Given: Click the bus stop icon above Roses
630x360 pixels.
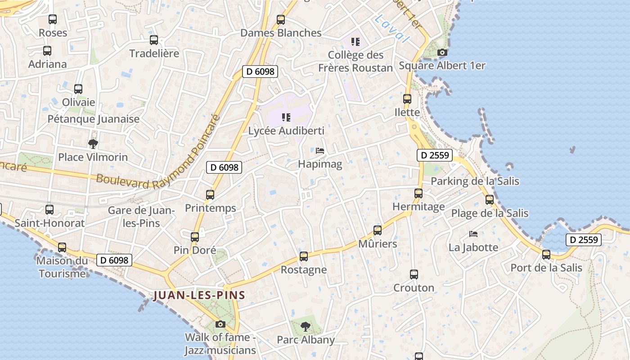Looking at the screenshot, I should point(53,19).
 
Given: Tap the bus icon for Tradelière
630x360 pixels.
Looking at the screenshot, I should point(154,40).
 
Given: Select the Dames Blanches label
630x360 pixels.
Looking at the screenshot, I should point(281,33).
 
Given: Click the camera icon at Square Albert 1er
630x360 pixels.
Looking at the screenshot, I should point(442,52).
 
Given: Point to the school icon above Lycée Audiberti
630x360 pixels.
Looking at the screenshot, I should point(286,117).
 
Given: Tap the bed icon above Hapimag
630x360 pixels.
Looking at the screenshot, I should point(320,151).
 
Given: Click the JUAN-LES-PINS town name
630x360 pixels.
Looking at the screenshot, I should point(199,296).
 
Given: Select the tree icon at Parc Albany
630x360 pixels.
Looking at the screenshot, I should point(306,326).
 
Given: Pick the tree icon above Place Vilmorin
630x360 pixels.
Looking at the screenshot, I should point(93,144).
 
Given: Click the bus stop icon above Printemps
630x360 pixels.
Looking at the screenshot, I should point(210,195).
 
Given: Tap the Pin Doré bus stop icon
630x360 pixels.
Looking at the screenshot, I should point(195,237).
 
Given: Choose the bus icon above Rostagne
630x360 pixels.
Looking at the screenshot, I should point(304,256).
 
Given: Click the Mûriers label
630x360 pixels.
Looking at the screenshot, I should point(378,244).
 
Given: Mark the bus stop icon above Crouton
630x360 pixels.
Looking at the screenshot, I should point(414,274).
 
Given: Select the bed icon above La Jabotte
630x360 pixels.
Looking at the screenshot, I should point(473,234).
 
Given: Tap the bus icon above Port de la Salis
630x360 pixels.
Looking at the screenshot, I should point(546,255).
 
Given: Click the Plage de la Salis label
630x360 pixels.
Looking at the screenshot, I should point(490,213).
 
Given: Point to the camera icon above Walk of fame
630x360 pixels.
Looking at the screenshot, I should point(220,324).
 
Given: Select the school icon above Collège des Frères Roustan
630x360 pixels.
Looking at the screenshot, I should point(355,42).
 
